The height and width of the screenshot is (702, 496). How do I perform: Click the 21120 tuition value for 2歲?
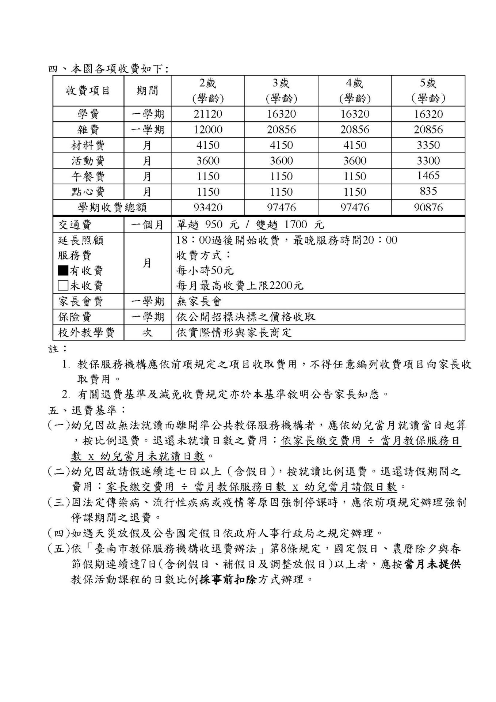(x=208, y=114)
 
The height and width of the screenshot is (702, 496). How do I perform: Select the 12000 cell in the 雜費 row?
(x=208, y=130)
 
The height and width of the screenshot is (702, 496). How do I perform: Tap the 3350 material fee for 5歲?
(x=428, y=145)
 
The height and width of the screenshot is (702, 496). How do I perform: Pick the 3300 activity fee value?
(x=428, y=161)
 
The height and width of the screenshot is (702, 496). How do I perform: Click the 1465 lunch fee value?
(x=428, y=176)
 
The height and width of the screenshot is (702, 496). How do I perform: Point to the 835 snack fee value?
(x=428, y=191)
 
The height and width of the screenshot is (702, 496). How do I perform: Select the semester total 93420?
(x=208, y=208)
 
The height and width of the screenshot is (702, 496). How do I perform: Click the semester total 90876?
(x=428, y=208)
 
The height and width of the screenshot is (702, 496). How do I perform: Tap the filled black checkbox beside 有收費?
(x=63, y=270)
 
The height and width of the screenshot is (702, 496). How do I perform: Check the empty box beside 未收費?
(x=63, y=286)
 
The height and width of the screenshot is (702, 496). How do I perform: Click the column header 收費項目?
(x=88, y=91)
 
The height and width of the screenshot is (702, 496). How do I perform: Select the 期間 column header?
(x=147, y=91)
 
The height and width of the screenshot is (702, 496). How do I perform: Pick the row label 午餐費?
(x=88, y=177)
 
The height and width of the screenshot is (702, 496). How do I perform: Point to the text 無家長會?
(x=199, y=302)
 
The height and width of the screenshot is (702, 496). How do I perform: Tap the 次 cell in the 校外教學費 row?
(x=147, y=333)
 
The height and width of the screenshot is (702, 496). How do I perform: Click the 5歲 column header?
(x=428, y=91)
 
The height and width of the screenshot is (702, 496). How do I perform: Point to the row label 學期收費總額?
(x=112, y=208)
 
